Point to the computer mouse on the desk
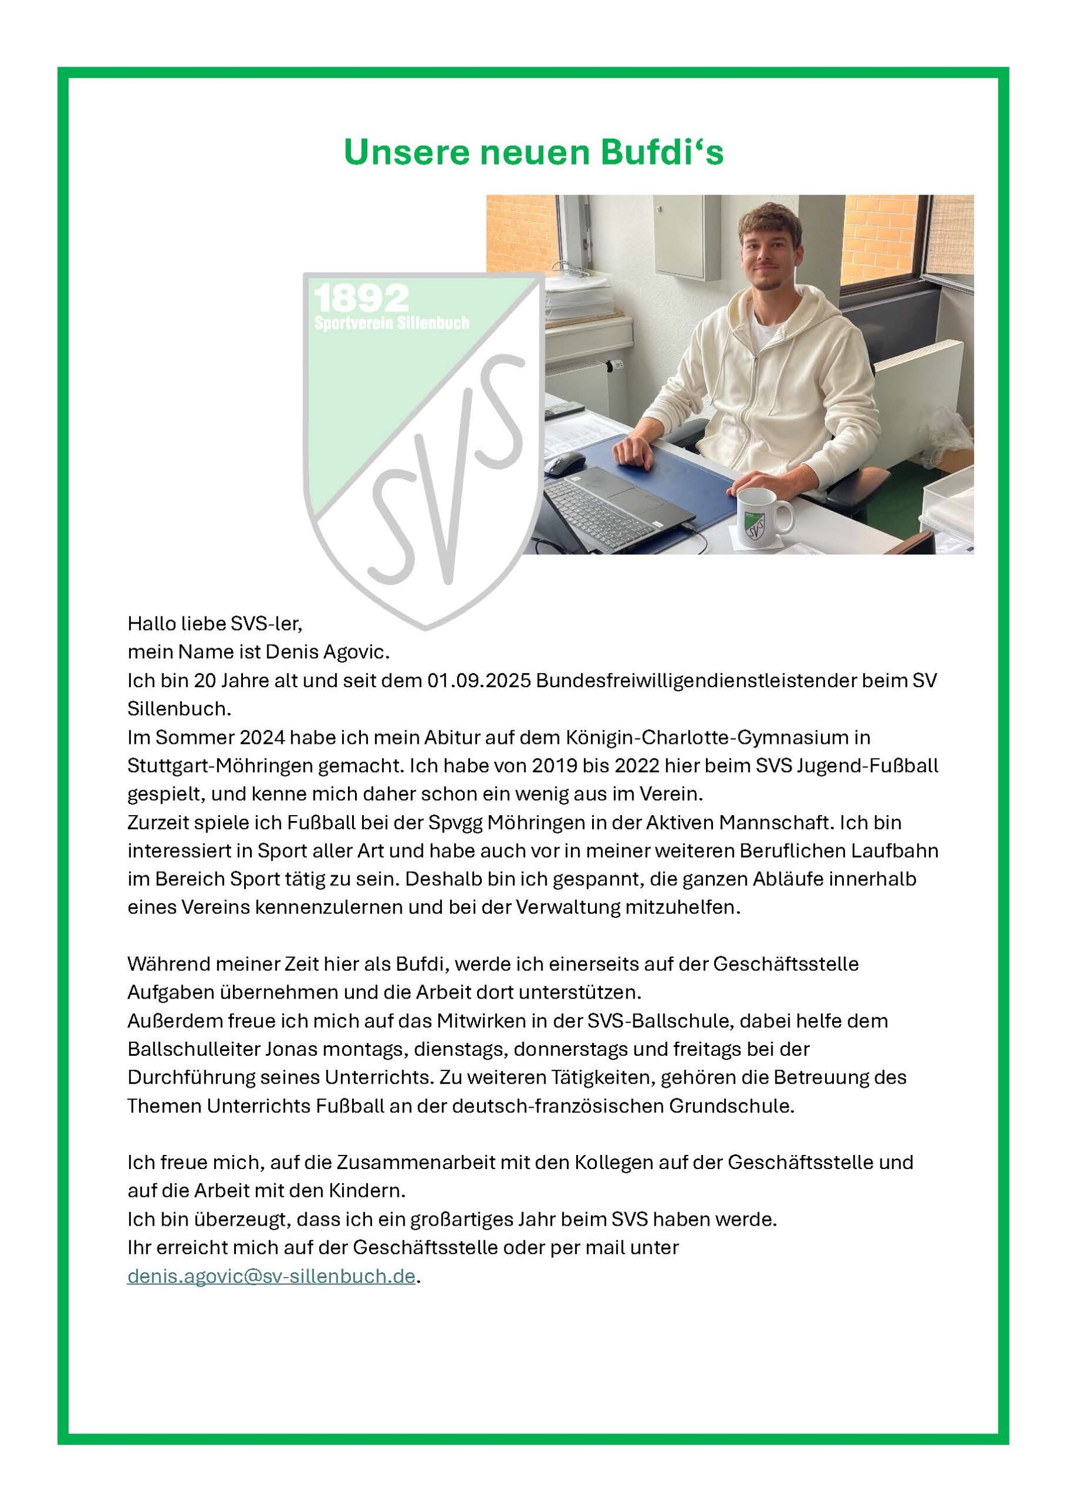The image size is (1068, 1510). point(564,463)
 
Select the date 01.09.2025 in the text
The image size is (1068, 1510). point(478,681)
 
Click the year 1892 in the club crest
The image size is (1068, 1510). point(361,299)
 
